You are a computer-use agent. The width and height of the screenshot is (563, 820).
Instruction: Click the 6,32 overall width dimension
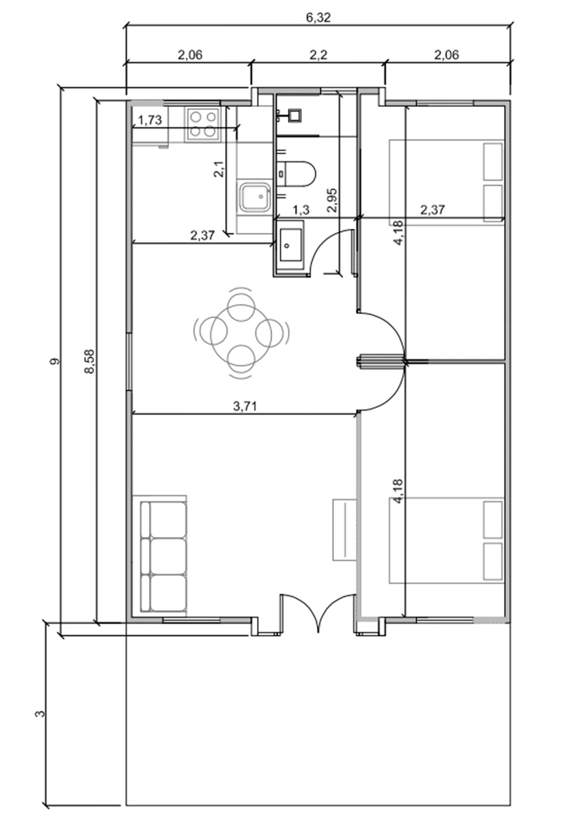tap(318, 17)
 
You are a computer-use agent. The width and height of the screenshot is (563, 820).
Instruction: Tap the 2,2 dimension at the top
tap(318, 55)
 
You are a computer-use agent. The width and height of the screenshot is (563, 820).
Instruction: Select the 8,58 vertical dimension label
tap(90, 361)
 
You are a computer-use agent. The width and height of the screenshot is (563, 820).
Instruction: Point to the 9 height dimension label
tap(55, 361)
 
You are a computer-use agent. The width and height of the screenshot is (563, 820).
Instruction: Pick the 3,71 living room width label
tap(245, 406)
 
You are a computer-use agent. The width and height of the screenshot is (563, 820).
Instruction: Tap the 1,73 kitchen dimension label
tap(150, 120)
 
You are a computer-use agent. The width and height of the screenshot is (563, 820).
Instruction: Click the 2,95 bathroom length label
tap(332, 200)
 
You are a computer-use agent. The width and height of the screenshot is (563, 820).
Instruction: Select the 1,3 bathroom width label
tap(301, 210)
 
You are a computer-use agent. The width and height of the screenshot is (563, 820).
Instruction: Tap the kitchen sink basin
tap(255, 197)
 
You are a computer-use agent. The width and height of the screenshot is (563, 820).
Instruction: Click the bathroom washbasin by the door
tap(291, 245)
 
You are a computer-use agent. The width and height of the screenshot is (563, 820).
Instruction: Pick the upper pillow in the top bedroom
tap(493, 161)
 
